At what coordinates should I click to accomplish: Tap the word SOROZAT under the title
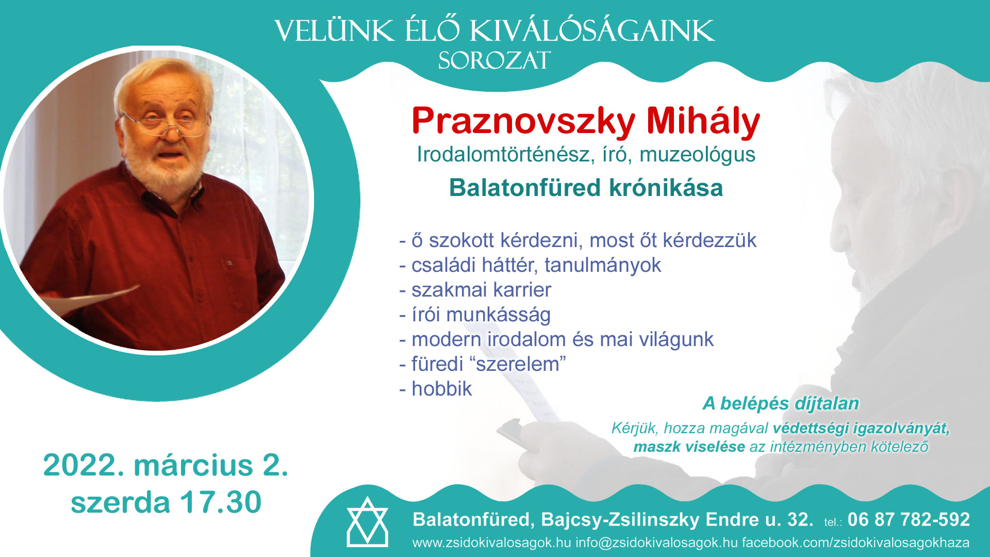click(494, 61)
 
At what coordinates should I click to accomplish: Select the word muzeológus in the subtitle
click(697, 155)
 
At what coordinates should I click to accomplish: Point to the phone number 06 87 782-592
click(909, 519)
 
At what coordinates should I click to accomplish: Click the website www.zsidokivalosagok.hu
click(491, 543)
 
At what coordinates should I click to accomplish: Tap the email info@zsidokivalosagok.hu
click(656, 543)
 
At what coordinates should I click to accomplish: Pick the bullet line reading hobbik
click(436, 389)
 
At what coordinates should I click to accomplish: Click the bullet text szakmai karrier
click(475, 290)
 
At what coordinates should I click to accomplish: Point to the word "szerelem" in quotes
click(518, 364)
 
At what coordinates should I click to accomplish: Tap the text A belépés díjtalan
click(781, 403)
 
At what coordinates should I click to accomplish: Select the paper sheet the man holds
click(88, 301)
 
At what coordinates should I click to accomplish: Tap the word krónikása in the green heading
click(666, 188)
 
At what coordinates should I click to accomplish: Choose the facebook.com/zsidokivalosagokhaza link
click(856, 543)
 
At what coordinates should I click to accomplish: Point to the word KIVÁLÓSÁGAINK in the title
click(592, 31)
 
